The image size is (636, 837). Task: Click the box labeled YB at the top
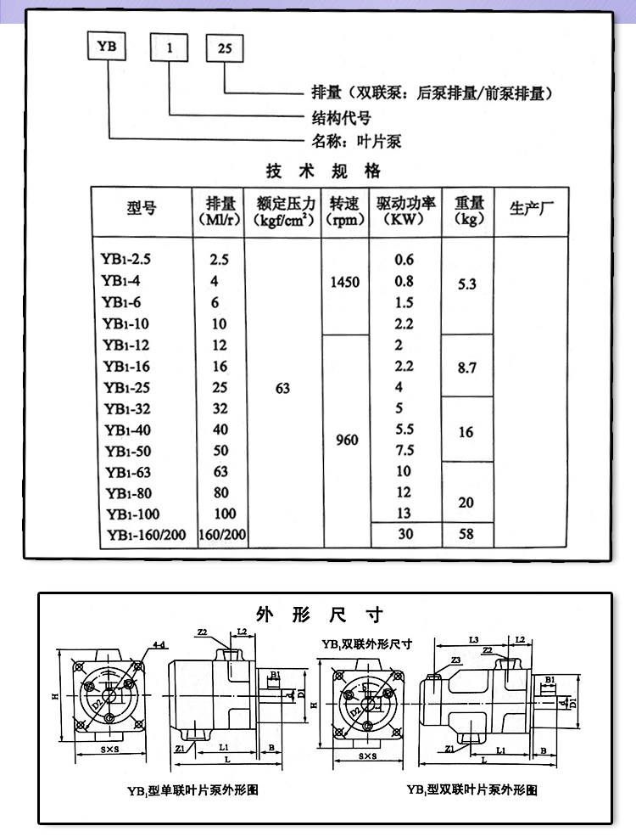[x=108, y=48]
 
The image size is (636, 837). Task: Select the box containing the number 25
[x=225, y=48]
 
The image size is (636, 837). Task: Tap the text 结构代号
[x=337, y=117]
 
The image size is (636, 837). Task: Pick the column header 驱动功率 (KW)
[x=404, y=211]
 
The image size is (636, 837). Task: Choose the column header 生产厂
[x=531, y=206]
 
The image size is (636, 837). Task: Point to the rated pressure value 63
[x=283, y=388]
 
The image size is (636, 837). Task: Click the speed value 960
[x=347, y=441]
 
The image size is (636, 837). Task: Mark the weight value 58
[x=466, y=535]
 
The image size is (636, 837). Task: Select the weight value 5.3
[x=466, y=286]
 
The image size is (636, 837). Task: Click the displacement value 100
[x=225, y=514]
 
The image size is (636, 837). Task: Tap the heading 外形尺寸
[x=320, y=614]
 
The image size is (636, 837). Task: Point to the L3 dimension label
[x=474, y=638]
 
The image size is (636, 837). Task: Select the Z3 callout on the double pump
[x=455, y=660]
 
